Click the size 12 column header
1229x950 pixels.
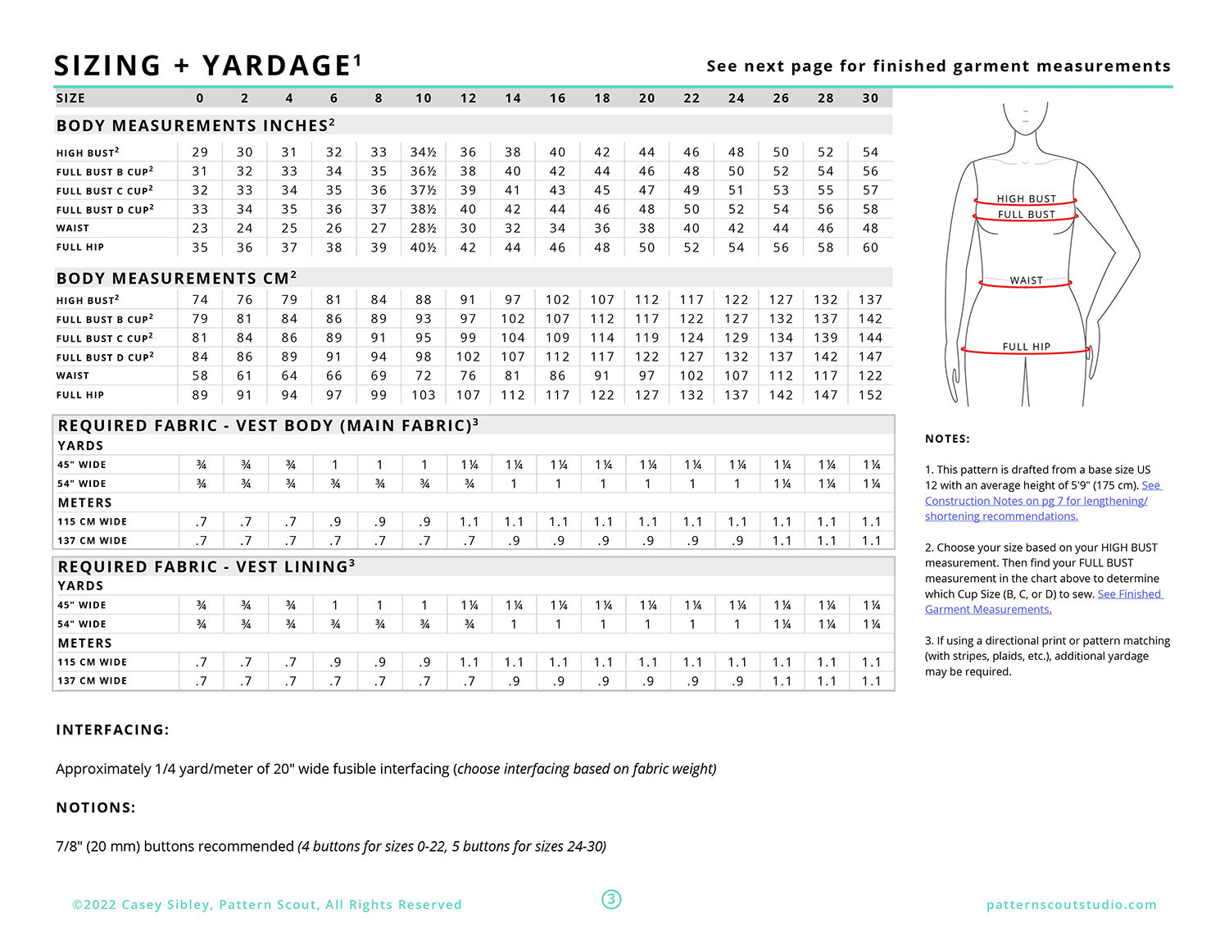(x=468, y=98)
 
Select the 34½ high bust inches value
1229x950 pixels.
(x=423, y=152)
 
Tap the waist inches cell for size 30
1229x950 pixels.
(x=870, y=229)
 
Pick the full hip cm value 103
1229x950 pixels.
(x=423, y=395)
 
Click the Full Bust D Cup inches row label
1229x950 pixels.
(x=105, y=210)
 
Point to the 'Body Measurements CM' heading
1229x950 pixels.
(x=176, y=279)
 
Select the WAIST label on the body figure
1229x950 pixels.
(x=1026, y=280)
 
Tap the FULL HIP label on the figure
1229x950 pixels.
(x=1026, y=347)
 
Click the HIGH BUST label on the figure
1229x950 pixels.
(x=1026, y=199)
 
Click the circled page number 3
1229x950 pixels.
(x=611, y=900)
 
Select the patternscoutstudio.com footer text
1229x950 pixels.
(x=1072, y=905)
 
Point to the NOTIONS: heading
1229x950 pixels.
(x=96, y=808)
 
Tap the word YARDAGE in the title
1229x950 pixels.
(x=277, y=66)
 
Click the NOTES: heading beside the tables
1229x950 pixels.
(x=947, y=439)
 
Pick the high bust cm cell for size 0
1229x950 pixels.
(x=200, y=300)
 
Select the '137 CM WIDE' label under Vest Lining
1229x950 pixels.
(x=92, y=681)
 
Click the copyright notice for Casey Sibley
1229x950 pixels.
(x=267, y=905)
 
